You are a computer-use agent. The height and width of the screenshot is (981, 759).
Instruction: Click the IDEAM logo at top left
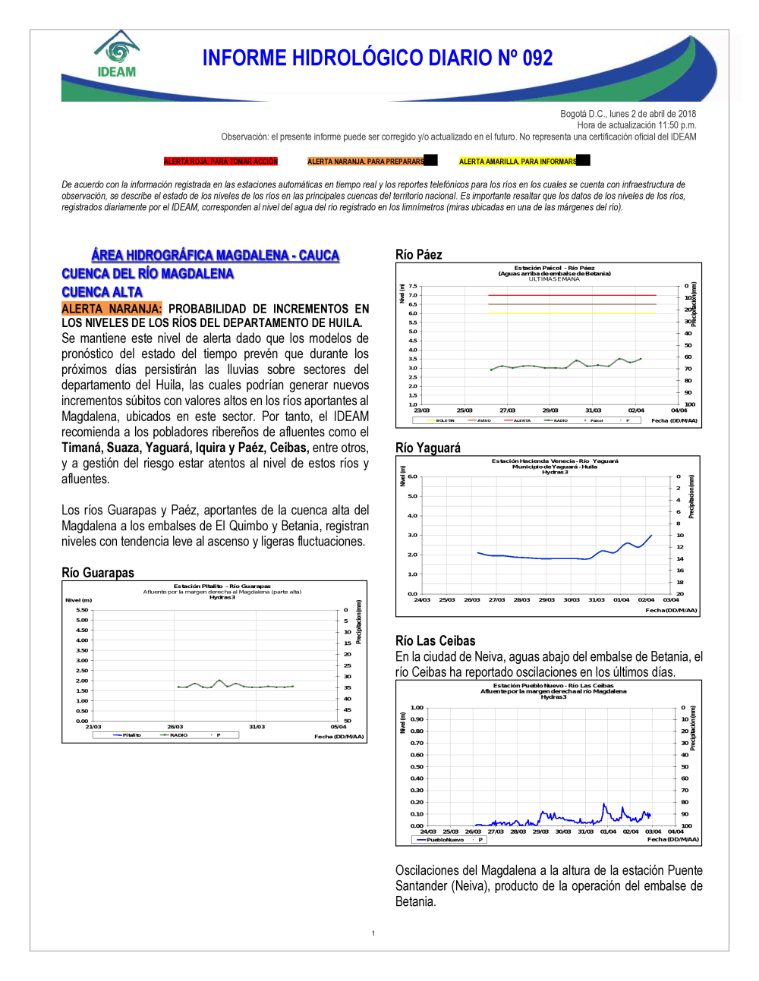[117, 55]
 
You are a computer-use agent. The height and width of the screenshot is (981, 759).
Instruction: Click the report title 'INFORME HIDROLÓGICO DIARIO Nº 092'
[377, 58]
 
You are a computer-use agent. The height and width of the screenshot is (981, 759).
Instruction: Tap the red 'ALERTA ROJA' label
[221, 162]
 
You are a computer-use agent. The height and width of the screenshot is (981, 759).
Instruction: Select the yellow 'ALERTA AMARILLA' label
[518, 162]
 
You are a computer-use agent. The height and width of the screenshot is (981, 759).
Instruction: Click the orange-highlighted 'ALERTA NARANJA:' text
[112, 309]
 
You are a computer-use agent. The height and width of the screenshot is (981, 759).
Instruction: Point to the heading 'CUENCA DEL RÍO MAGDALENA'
[147, 274]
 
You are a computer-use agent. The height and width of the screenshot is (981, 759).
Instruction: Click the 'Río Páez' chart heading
[418, 255]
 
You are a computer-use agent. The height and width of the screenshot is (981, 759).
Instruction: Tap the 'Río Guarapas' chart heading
[97, 573]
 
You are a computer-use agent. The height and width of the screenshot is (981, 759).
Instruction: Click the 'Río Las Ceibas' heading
[435, 641]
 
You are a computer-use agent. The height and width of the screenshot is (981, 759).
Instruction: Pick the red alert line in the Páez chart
[572, 295]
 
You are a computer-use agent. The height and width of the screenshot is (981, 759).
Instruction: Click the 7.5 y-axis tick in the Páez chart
[413, 286]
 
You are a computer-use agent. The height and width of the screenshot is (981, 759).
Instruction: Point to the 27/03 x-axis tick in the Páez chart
[507, 410]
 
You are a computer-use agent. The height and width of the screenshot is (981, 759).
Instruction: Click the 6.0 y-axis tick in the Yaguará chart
[413, 476]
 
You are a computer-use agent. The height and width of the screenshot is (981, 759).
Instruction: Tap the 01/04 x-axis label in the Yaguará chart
[621, 600]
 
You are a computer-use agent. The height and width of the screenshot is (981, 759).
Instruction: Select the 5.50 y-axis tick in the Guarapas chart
[82, 610]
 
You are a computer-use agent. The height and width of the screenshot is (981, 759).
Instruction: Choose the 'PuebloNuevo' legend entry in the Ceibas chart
[445, 840]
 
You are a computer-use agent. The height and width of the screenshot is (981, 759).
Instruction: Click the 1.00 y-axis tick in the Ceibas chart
[417, 708]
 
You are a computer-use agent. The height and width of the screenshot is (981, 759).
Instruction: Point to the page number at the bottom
[373, 933]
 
